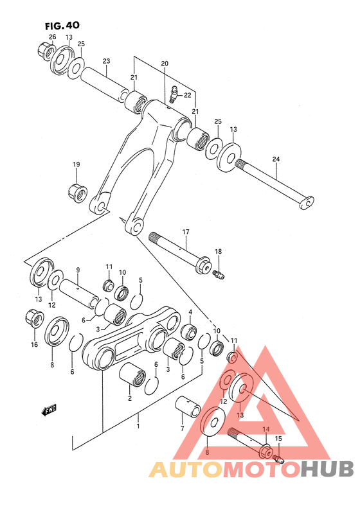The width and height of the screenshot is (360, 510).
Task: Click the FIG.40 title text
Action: (x=62, y=26)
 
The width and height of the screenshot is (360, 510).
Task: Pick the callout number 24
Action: (x=276, y=159)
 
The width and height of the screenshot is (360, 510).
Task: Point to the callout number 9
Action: (x=77, y=270)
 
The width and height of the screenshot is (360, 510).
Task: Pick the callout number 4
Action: (x=190, y=313)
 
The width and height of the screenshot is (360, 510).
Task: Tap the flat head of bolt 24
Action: (x=308, y=204)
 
